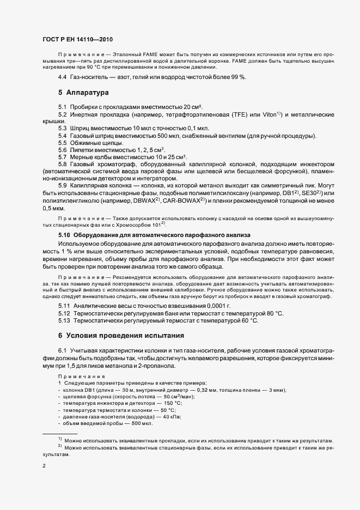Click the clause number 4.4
coord(63,77)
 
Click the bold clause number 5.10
coord(64,234)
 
